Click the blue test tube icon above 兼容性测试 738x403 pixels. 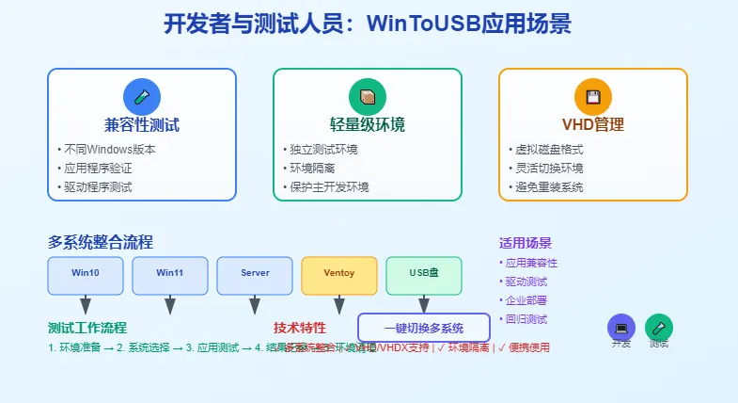click(x=142, y=97)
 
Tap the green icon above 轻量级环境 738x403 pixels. click(x=368, y=97)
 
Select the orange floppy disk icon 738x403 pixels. click(x=593, y=97)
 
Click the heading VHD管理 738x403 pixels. click(x=593, y=124)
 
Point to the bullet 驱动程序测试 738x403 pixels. click(x=98, y=186)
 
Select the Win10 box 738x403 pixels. click(x=86, y=274)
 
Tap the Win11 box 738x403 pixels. click(x=170, y=274)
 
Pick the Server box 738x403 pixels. click(x=255, y=274)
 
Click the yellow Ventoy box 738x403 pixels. click(x=339, y=274)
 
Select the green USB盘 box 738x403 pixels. click(x=424, y=274)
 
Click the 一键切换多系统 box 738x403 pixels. click(x=424, y=328)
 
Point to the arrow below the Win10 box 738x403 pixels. click(x=86, y=305)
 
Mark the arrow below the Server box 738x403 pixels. click(x=255, y=305)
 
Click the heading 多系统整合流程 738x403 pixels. click(x=101, y=242)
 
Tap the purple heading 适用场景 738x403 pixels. click(x=526, y=242)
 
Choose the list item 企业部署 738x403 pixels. click(x=526, y=299)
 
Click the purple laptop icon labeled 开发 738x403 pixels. click(x=621, y=327)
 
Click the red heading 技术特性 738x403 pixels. click(x=300, y=328)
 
